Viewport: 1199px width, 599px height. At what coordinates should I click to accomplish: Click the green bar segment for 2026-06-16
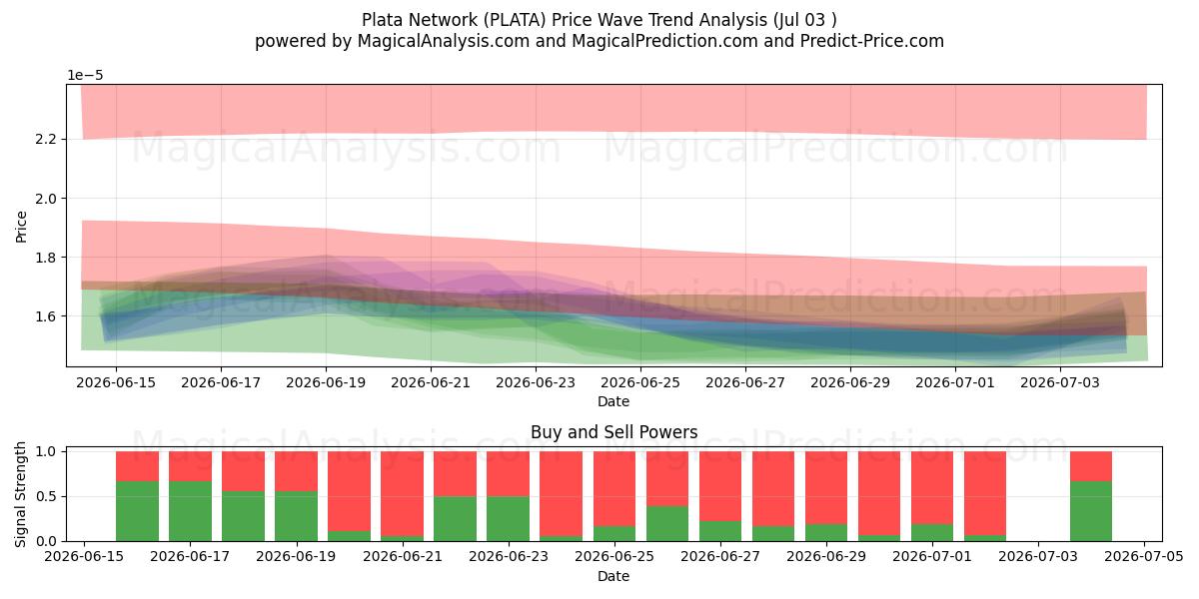[137, 511]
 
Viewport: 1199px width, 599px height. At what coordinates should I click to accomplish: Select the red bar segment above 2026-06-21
[402, 493]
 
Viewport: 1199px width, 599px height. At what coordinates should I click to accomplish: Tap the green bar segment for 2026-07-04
[1091, 511]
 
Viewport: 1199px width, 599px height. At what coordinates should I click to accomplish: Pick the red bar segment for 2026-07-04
[1091, 466]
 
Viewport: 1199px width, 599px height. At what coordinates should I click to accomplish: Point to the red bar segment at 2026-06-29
[826, 488]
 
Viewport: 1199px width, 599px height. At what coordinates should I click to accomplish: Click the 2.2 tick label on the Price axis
[46, 140]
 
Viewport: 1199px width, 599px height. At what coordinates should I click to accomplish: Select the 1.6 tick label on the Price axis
[46, 316]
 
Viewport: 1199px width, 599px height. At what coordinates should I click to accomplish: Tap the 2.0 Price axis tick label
[46, 199]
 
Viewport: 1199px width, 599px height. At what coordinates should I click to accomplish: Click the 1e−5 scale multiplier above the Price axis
[85, 76]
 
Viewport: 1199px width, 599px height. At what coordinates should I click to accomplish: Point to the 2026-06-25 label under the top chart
[640, 383]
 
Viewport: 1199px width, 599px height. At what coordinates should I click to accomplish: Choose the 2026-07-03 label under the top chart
[1060, 383]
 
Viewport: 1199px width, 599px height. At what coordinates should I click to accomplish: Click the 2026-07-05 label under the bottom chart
[1144, 556]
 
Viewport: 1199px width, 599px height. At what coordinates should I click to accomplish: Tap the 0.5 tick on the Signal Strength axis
[46, 497]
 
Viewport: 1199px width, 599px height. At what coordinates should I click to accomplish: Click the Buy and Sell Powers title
[613, 432]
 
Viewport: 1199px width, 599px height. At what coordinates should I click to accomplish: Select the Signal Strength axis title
[20, 494]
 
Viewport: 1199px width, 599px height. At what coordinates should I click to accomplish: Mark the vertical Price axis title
[21, 227]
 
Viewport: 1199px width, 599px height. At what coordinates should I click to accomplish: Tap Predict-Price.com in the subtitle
[872, 41]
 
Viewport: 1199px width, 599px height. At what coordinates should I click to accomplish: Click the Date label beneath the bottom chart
[613, 576]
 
